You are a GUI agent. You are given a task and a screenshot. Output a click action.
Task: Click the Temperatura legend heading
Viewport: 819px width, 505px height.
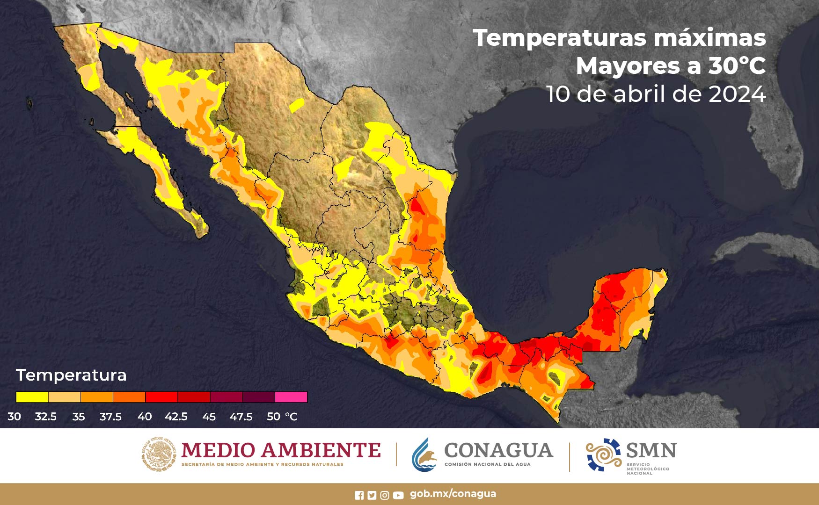(x=71, y=375)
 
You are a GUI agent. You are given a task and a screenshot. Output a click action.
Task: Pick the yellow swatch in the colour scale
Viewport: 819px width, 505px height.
(x=32, y=397)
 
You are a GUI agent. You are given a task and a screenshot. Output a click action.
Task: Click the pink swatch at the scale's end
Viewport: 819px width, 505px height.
(x=291, y=397)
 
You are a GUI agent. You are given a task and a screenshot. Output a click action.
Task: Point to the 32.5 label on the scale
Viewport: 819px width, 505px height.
(x=45, y=417)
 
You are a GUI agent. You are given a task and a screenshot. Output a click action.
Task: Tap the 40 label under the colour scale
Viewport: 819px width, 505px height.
(x=145, y=417)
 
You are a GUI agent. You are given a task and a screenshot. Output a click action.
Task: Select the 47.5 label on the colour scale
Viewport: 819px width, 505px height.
(x=241, y=417)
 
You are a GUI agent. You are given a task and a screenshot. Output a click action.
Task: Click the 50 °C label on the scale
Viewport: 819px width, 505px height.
(x=282, y=417)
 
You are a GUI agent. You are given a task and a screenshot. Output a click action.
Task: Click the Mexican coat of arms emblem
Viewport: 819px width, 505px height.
(x=159, y=454)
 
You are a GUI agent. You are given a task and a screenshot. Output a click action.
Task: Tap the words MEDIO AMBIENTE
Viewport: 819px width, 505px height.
(x=281, y=450)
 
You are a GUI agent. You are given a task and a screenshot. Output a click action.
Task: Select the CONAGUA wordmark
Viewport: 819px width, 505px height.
(x=498, y=450)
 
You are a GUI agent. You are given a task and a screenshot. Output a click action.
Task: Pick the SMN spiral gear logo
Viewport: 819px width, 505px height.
(x=603, y=454)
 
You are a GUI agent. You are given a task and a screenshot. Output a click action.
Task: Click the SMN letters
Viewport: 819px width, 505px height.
(x=651, y=451)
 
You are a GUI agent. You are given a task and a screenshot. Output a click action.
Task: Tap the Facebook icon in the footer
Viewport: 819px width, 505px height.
(x=359, y=495)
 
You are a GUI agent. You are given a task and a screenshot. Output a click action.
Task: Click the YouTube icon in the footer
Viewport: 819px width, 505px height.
(x=398, y=495)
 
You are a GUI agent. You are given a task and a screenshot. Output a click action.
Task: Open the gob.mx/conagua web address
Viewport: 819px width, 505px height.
(x=453, y=494)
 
